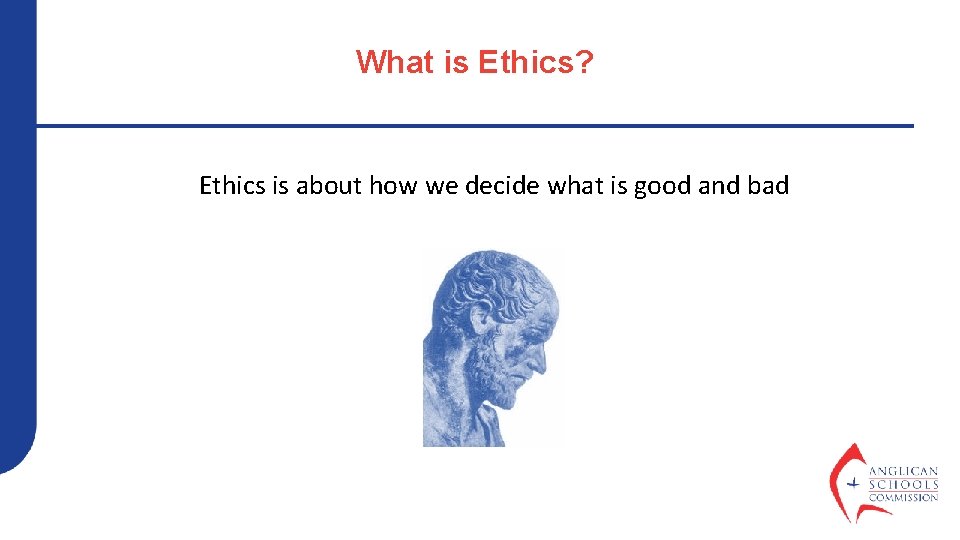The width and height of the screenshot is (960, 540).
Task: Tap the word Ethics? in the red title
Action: pos(536,62)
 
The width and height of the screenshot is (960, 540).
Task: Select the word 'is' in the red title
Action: pos(456,62)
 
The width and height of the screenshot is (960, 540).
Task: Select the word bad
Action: pos(768,186)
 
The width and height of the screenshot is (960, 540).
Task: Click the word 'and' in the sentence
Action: pos(717,186)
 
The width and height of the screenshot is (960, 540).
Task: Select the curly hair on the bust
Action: pos(490,280)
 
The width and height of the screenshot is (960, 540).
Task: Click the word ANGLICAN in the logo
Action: pos(903,471)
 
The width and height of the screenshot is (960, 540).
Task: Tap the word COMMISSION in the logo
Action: pos(903,497)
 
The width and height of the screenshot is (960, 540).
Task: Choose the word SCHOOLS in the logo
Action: pos(903,484)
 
